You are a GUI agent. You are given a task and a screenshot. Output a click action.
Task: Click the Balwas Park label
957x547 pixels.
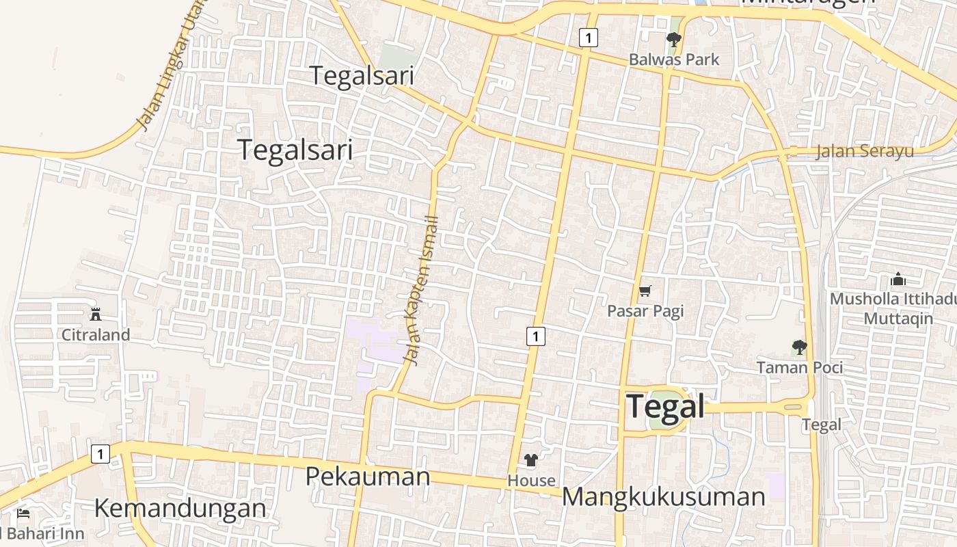click(x=674, y=59)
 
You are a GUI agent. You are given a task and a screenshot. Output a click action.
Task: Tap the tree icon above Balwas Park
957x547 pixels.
click(x=674, y=40)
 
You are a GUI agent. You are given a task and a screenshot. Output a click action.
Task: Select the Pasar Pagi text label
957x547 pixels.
click(x=645, y=311)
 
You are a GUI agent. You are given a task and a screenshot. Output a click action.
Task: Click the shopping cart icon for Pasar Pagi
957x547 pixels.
click(x=645, y=291)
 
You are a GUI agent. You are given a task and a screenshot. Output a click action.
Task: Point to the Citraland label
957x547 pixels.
click(x=96, y=335)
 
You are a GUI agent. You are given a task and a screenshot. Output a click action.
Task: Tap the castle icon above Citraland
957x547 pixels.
click(x=96, y=315)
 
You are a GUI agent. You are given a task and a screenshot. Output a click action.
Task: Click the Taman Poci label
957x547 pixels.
click(x=799, y=367)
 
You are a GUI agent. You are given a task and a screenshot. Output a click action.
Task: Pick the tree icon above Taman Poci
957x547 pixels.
click(x=799, y=347)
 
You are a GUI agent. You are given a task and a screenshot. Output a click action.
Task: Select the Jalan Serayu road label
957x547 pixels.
click(x=864, y=151)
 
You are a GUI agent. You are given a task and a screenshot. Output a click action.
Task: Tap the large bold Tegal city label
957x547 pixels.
click(x=665, y=406)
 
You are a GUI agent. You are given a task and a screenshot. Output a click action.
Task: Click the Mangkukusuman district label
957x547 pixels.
click(x=663, y=497)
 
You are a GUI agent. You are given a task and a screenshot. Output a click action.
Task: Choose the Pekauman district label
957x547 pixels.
click(x=368, y=476)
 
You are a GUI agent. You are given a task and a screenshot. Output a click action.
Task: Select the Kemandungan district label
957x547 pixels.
click(x=180, y=509)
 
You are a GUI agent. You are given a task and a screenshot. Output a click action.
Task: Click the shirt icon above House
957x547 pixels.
click(x=531, y=460)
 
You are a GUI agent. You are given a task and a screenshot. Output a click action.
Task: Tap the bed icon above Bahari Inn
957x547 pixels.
click(x=23, y=513)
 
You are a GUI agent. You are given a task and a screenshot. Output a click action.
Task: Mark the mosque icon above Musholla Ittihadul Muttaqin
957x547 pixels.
click(x=898, y=279)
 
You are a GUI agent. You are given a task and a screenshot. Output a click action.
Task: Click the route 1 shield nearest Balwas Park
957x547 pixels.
click(x=588, y=37)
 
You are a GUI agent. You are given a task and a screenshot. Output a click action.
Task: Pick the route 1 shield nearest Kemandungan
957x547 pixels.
click(x=100, y=453)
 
